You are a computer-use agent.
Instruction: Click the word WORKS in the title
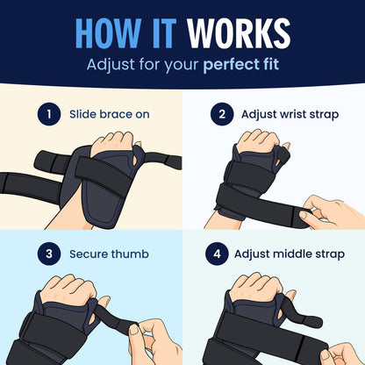239,33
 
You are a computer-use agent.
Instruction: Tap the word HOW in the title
108,33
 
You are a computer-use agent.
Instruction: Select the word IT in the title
164,33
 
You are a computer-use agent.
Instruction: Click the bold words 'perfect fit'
241,65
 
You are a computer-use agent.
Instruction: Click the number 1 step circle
49,114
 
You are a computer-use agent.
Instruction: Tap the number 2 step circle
222,114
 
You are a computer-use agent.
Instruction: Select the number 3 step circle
49,254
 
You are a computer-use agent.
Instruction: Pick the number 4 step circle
217,254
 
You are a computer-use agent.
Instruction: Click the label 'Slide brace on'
110,114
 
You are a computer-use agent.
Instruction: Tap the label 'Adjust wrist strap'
290,114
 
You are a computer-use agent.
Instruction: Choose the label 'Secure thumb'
109,254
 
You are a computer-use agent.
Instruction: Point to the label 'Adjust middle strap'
290,254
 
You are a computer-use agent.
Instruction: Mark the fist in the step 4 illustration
256,288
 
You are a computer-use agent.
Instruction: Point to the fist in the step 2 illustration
258,141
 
